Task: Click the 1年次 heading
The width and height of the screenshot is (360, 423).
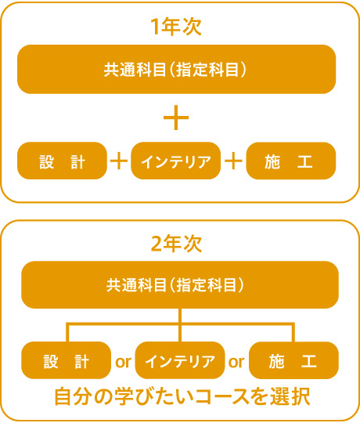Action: click(176, 27)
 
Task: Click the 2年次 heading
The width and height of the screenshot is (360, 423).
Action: click(176, 244)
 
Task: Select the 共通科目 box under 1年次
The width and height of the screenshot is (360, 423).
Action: click(177, 70)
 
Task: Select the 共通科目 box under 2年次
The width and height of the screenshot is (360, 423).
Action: click(180, 285)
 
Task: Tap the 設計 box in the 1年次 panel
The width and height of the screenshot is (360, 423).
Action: click(62, 161)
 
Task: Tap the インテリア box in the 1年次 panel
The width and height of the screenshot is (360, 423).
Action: click(175, 161)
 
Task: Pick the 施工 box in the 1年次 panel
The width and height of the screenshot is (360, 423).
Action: click(291, 161)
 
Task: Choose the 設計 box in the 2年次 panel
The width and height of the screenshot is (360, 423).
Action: click(66, 360)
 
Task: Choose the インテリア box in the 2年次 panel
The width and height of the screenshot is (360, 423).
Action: click(180, 360)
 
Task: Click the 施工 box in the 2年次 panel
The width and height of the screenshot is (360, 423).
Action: click(293, 360)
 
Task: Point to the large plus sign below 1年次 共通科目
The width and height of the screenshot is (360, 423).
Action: click(176, 117)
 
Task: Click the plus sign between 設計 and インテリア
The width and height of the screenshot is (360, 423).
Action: click(119, 161)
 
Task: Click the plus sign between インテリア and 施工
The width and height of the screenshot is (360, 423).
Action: click(233, 161)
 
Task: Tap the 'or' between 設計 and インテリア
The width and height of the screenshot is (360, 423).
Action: click(123, 362)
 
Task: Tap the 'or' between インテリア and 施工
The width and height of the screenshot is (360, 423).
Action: click(236, 362)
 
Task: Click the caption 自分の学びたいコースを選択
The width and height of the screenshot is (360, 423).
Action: click(182, 396)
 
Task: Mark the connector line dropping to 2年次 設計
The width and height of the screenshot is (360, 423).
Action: click(67, 332)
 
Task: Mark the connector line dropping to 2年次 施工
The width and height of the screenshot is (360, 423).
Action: click(293, 332)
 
